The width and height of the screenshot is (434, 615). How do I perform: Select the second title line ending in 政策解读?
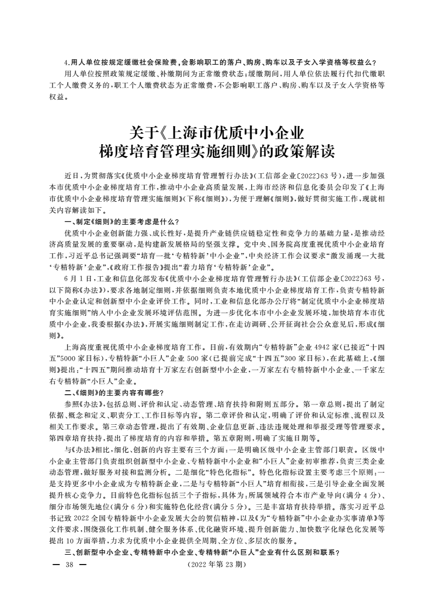(217, 151)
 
